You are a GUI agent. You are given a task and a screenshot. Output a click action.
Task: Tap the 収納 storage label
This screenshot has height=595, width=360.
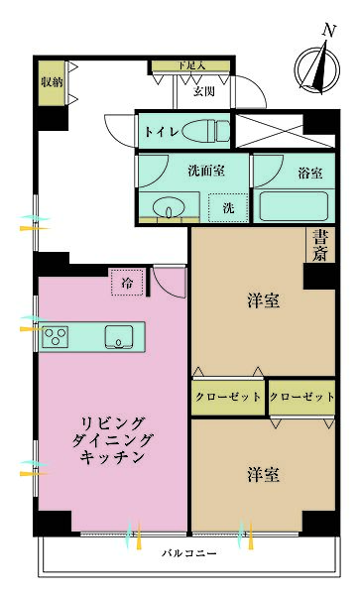click(49, 81)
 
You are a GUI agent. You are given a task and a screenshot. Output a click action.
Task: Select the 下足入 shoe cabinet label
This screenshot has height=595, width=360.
click(191, 66)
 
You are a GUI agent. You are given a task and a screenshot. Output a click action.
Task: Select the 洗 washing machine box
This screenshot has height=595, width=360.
click(227, 208)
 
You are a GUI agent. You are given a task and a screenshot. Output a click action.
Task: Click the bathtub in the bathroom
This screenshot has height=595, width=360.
click(294, 209)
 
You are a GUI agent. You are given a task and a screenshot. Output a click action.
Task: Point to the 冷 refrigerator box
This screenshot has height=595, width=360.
click(127, 284)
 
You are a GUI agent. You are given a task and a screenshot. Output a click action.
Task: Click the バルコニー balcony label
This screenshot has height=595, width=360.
click(189, 553)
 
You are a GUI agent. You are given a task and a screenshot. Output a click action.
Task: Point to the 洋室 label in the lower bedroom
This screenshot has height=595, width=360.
click(262, 474)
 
